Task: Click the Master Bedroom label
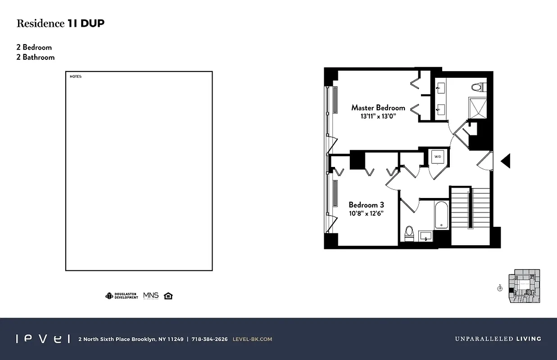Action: coord(378,108)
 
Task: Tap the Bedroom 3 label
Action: coord(366,205)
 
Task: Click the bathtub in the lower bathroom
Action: coord(441,215)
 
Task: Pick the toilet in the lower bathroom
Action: coord(409,233)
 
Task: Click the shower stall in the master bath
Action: coord(477,107)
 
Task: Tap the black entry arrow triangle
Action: coord(506,161)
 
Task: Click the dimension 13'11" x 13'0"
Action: coord(378,116)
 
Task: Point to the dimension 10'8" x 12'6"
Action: coord(366,213)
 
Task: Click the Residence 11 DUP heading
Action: coord(60,24)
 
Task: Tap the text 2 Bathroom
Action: coord(36,57)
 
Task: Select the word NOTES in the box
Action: coord(76,76)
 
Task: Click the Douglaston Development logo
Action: coord(122,296)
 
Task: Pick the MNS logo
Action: coord(151,296)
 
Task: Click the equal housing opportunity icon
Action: coord(168,296)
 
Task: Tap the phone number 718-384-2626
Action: coord(209,339)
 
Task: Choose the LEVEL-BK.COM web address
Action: coord(252,339)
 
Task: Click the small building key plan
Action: coord(524,286)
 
